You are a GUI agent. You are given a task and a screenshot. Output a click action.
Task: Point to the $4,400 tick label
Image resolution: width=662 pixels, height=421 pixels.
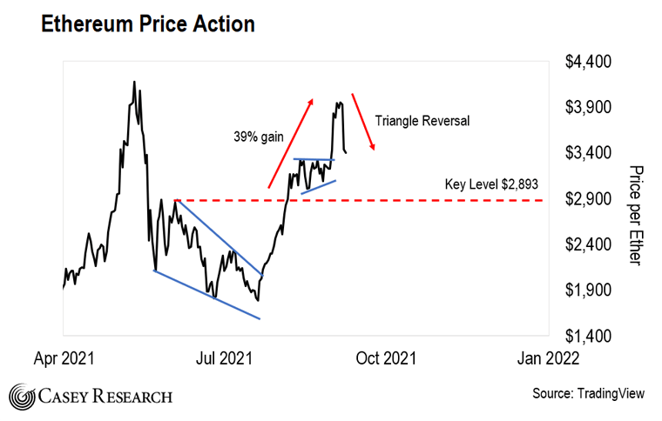pyautogui.click(x=590, y=63)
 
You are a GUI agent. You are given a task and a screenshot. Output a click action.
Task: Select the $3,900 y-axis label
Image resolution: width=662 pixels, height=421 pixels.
pyautogui.click(x=590, y=108)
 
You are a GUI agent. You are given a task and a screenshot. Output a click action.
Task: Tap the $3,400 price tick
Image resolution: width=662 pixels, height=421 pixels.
pyautogui.click(x=590, y=154)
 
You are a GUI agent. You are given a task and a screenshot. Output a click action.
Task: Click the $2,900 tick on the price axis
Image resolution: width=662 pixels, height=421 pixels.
pyautogui.click(x=590, y=199)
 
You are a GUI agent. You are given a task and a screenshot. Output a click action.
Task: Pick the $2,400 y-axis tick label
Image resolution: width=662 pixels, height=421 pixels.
pyautogui.click(x=590, y=244)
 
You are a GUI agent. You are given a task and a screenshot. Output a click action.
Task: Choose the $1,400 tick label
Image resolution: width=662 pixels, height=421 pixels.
pyautogui.click(x=590, y=336)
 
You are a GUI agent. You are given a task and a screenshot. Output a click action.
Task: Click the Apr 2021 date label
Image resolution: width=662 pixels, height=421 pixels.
pyautogui.click(x=63, y=357)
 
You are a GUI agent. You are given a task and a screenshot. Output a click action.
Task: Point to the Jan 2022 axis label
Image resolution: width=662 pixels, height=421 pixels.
pyautogui.click(x=548, y=357)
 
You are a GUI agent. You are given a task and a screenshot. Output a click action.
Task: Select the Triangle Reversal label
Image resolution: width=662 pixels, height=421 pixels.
pyautogui.click(x=422, y=121)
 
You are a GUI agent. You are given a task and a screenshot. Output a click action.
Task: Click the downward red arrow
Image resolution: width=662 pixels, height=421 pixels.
pyautogui.click(x=364, y=122)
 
